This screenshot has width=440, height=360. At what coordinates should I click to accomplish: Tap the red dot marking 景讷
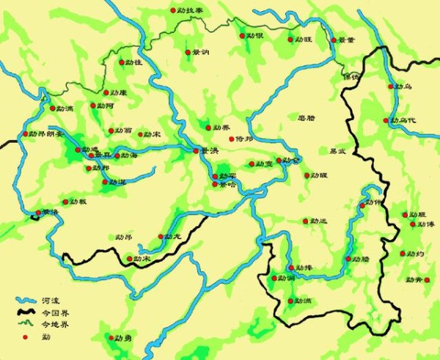(x=187, y=52)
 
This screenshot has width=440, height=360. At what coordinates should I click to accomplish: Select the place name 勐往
(x=133, y=64)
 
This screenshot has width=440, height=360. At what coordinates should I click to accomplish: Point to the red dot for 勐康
(x=105, y=92)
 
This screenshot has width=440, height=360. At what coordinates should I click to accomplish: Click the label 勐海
(x=129, y=155)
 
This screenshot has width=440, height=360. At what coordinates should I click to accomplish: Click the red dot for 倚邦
(x=231, y=139)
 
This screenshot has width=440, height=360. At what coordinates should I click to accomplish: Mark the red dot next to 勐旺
(x=290, y=40)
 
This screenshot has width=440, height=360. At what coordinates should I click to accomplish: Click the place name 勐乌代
(x=404, y=120)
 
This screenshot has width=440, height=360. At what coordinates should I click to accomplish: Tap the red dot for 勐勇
(x=111, y=338)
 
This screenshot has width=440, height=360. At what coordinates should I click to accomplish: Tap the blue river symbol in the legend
(x=26, y=301)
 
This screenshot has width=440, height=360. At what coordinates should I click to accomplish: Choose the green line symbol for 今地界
(x=26, y=324)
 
